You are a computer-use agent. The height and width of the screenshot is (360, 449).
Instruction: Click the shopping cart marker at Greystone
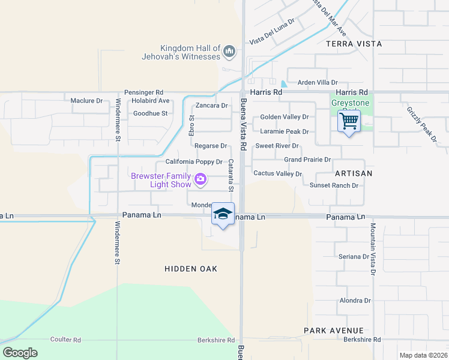point(349,122)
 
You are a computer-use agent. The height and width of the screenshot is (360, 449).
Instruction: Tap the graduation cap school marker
point(222,215)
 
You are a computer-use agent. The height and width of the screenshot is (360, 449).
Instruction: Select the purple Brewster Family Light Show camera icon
point(200,179)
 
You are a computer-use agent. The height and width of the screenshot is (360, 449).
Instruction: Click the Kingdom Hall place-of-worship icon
point(229,53)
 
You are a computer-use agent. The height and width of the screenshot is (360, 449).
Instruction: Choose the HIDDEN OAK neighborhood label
point(191,269)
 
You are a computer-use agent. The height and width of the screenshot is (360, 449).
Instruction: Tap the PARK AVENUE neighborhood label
point(333,331)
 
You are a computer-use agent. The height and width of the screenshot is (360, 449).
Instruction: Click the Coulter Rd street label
point(65,340)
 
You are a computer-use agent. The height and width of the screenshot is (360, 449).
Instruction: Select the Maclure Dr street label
point(86,101)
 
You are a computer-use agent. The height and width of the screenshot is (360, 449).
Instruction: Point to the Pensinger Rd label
point(143,92)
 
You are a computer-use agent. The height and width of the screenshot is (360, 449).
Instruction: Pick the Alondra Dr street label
point(355,301)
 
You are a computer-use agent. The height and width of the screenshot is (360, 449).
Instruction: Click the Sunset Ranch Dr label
point(334,185)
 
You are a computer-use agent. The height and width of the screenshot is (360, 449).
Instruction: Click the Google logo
point(20,353)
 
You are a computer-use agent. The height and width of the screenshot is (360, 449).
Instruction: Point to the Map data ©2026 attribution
point(423,355)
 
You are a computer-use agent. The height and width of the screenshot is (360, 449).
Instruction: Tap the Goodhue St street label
point(150,113)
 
